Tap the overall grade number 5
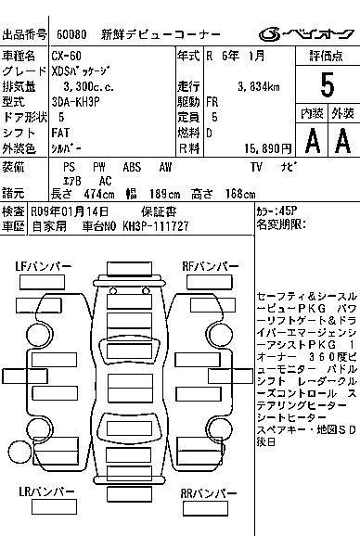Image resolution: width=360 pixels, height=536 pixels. [x=326, y=84]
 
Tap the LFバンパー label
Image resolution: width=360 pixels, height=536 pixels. [x=43, y=267]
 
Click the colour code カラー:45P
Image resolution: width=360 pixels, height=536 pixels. [x=277, y=211]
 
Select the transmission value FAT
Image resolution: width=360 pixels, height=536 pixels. [x=60, y=133]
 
